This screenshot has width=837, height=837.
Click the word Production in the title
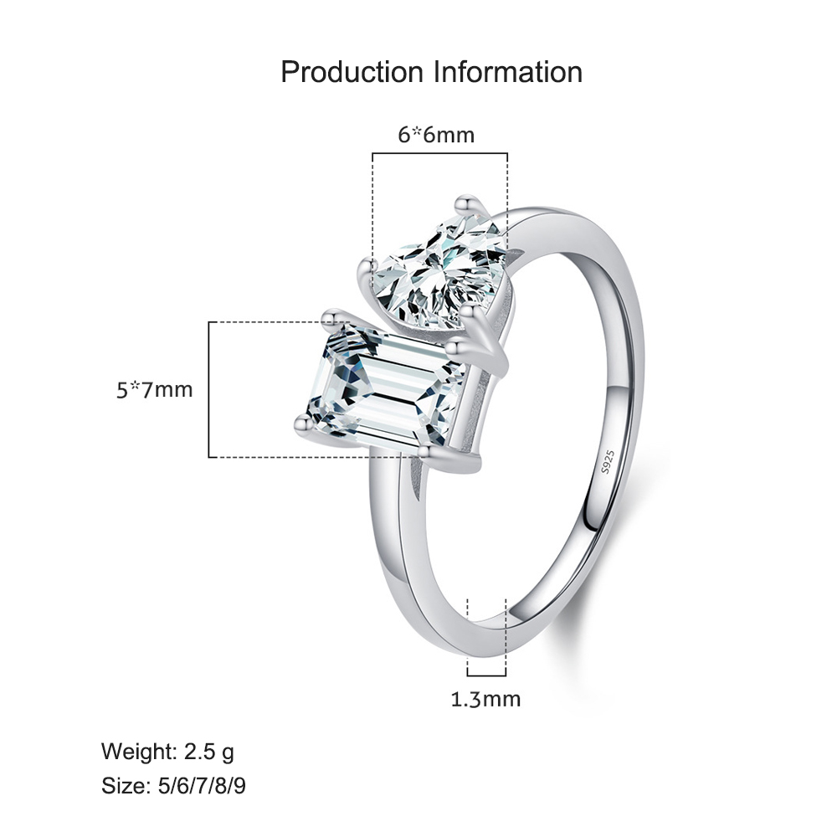(x=352, y=72)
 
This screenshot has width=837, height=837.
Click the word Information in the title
(x=508, y=72)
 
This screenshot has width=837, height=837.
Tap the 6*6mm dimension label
(x=436, y=135)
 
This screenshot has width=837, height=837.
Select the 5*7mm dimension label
(x=154, y=390)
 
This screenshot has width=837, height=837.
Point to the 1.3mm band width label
(x=485, y=699)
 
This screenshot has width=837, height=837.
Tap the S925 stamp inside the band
(x=608, y=462)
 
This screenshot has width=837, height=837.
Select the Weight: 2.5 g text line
(x=167, y=752)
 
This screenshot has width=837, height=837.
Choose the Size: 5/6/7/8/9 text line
(x=173, y=786)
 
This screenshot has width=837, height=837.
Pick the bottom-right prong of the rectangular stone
(x=427, y=453)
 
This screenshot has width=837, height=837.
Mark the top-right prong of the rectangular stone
(x=454, y=347)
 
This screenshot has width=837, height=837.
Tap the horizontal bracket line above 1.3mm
(x=486, y=675)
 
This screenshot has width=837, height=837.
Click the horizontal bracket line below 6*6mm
(x=440, y=154)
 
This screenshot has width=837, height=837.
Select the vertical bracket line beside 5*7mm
(x=208, y=390)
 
